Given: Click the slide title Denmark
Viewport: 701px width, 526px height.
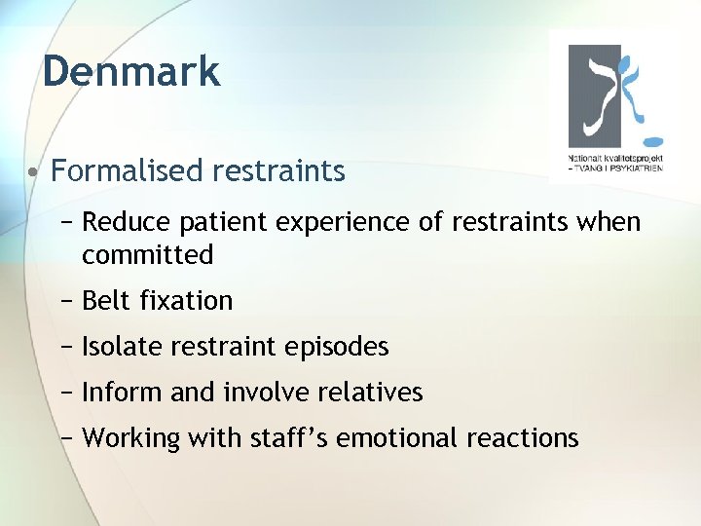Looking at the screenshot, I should click(x=131, y=71).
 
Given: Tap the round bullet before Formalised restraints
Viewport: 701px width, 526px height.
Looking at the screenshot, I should click(x=33, y=173).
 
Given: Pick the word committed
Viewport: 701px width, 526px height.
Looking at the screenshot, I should click(x=147, y=255).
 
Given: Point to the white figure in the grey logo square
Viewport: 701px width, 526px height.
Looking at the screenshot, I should click(x=597, y=93).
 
